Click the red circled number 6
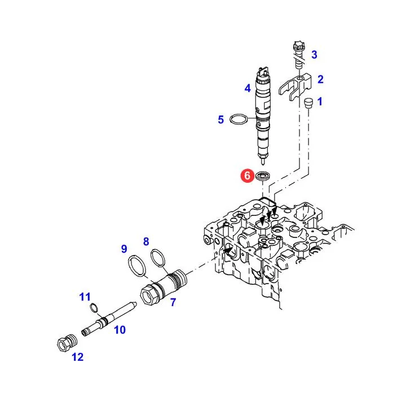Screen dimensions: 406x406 click(x=248, y=175)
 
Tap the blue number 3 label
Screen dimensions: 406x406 click(x=314, y=55)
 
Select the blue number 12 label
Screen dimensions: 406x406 click(x=78, y=357)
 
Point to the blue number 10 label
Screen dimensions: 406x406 click(x=120, y=330)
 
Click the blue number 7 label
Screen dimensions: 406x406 click(x=173, y=302)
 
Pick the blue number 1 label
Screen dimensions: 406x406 click(x=320, y=101)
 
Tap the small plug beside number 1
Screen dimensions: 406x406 click(x=308, y=103)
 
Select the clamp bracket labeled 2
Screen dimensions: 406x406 click(x=295, y=86)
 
